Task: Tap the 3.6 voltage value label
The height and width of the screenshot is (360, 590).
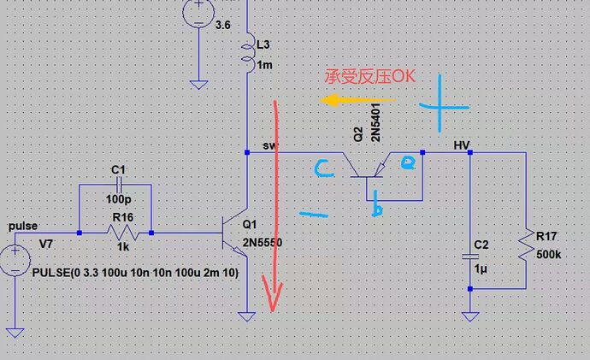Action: click(x=223, y=26)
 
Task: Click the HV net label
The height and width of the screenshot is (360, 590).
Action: click(x=461, y=145)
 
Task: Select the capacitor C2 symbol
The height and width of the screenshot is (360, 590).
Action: click(x=470, y=255)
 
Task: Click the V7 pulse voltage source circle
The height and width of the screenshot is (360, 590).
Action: click(x=14, y=259)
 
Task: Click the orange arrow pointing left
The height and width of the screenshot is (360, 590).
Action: click(x=351, y=100)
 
